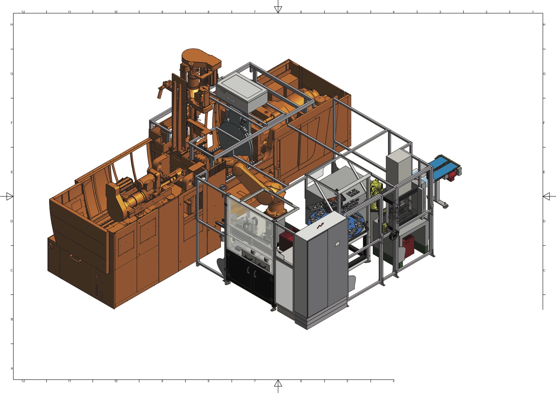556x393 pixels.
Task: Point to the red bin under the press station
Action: point(408,246)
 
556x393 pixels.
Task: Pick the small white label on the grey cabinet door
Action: point(337,244)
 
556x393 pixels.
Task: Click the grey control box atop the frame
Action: point(242,92)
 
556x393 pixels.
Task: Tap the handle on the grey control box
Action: point(230,99)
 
